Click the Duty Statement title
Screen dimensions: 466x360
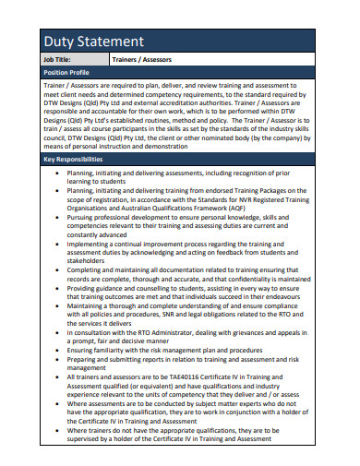[92, 42]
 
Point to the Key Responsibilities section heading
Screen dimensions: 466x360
[73, 160]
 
